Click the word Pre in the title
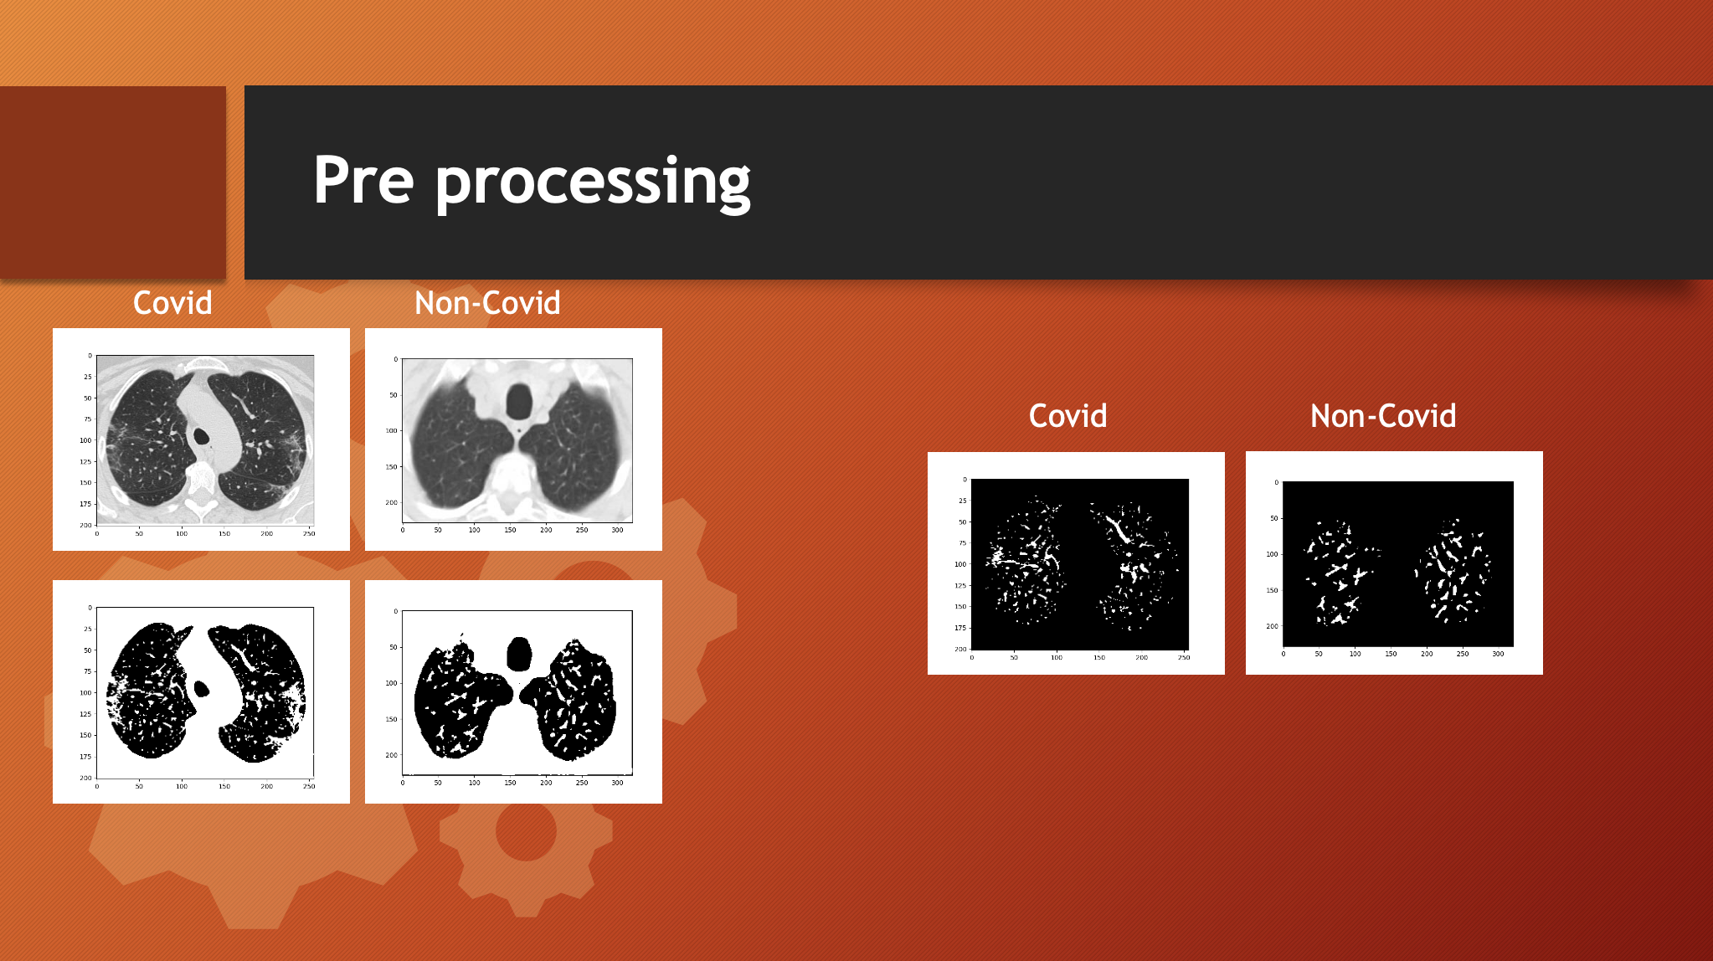click(x=363, y=180)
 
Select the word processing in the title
click(x=593, y=183)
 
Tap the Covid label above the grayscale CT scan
click(x=172, y=303)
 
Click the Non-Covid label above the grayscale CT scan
click(x=487, y=303)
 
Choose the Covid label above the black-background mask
click(x=1067, y=416)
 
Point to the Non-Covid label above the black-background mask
click(x=1383, y=416)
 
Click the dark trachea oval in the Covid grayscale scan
click(x=201, y=436)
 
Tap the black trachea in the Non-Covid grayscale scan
click(x=519, y=402)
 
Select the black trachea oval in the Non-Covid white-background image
click(x=519, y=654)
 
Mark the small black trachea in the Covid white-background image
click(x=201, y=688)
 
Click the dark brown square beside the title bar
click(x=113, y=182)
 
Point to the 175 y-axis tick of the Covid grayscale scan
click(x=85, y=504)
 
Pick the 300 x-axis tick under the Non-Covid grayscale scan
click(x=617, y=530)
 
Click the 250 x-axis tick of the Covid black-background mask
click(x=1184, y=658)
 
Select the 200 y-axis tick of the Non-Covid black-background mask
click(x=1272, y=626)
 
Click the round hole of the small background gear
click(x=526, y=830)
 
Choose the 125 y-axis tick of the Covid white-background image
click(x=85, y=714)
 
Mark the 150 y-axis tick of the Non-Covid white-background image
click(x=391, y=719)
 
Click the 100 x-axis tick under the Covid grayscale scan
click(x=182, y=533)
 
